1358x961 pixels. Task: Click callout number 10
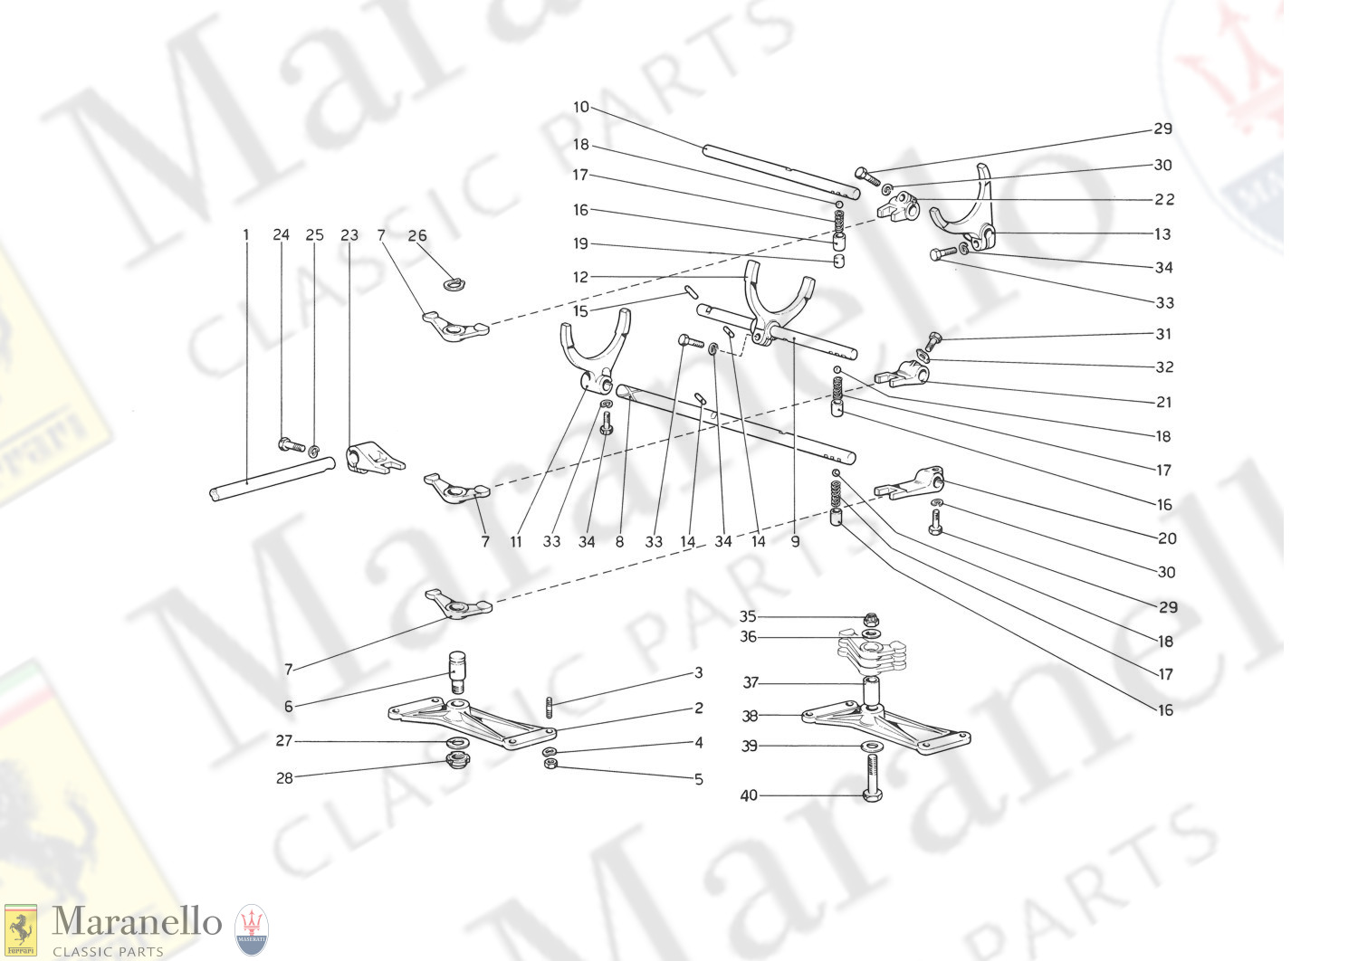pyautogui.click(x=581, y=108)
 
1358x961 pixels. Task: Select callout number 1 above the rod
pyautogui.click(x=246, y=234)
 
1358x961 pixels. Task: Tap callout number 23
pyautogui.click(x=349, y=235)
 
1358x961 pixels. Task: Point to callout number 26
pyautogui.click(x=417, y=235)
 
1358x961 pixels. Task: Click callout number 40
pyautogui.click(x=749, y=795)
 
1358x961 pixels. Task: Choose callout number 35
pyautogui.click(x=748, y=616)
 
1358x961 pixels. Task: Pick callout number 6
pyautogui.click(x=289, y=706)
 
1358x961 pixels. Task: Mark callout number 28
pyautogui.click(x=284, y=778)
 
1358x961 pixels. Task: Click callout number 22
pyautogui.click(x=1164, y=199)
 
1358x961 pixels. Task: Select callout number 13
pyautogui.click(x=1162, y=233)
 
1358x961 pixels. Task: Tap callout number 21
pyautogui.click(x=1163, y=402)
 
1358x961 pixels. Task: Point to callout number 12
pyautogui.click(x=580, y=277)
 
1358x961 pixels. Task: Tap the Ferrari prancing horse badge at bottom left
pyautogui.click(x=21, y=931)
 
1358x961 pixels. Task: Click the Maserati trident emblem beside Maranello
pyautogui.click(x=252, y=929)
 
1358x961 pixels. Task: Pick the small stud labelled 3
pyautogui.click(x=550, y=707)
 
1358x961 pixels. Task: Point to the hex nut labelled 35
pyautogui.click(x=871, y=619)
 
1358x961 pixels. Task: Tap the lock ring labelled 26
pyautogui.click(x=454, y=282)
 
